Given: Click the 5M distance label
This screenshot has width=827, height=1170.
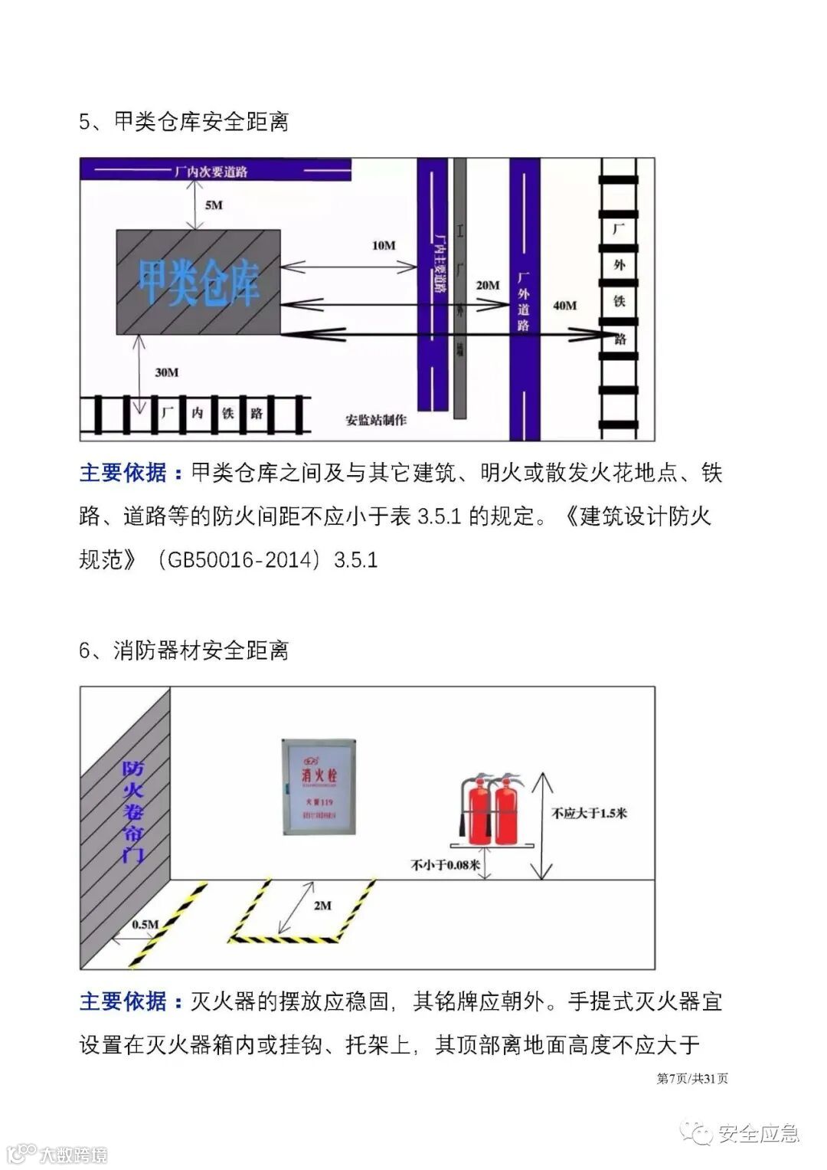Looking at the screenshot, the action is point(214,205).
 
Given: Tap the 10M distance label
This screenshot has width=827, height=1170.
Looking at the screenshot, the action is point(384,245).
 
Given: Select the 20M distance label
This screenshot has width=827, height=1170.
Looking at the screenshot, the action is point(488,285).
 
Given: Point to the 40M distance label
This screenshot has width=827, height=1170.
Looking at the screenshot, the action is point(565,306).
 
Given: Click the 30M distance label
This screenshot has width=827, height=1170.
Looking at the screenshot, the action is point(166,372).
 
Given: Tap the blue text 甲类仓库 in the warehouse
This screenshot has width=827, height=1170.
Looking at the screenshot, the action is point(198,283).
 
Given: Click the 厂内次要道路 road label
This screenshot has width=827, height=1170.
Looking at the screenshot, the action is point(211,172).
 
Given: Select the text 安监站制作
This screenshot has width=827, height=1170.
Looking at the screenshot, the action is point(376,420).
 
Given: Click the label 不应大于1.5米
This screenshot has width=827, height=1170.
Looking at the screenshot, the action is point(589,813).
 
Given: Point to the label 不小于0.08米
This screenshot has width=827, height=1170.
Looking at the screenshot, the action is point(446,866).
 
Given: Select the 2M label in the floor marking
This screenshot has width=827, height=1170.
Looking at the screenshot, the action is point(322,906).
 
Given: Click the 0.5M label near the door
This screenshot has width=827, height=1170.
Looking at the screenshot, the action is point(145,924).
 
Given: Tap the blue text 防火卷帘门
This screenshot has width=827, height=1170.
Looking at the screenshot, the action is point(133,811).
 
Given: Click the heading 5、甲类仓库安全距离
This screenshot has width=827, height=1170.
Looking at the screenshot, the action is point(184,122).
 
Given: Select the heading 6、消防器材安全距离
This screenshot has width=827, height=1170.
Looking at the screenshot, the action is point(184,651).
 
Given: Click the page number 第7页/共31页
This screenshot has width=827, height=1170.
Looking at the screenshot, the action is point(692,1079).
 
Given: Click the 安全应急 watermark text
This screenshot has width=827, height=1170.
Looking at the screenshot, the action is point(759,1133).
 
